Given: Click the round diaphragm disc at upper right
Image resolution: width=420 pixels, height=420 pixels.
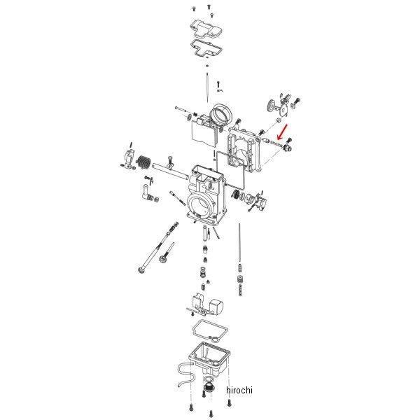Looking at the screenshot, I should (271, 106).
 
